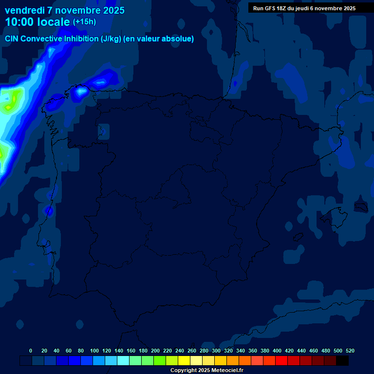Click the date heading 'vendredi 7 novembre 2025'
click(x=64, y=10)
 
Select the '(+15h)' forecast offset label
click(x=84, y=22)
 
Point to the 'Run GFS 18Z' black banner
click(x=304, y=8)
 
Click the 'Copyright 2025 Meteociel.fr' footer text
click(x=206, y=370)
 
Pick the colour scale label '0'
click(x=31, y=351)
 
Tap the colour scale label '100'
click(x=94, y=351)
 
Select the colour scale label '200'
click(x=155, y=351)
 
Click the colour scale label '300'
click(x=216, y=351)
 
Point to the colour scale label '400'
click(x=277, y=351)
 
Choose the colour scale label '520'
click(x=350, y=351)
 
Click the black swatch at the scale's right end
click(x=342, y=361)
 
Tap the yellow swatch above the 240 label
click(x=184, y=361)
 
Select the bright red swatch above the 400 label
click(x=281, y=361)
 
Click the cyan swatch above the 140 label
click(x=123, y=361)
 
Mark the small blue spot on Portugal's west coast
click(x=49, y=210)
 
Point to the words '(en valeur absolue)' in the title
click(x=158, y=39)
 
